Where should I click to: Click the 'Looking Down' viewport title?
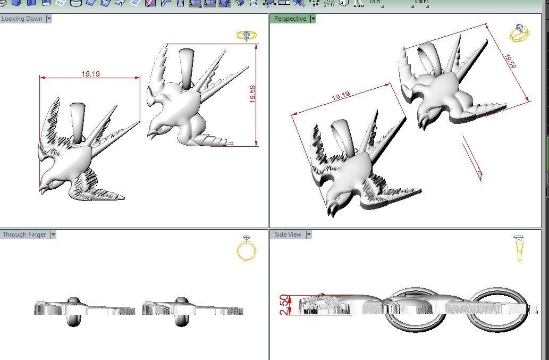click(x=22, y=19)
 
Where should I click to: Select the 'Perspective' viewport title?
click(x=290, y=19)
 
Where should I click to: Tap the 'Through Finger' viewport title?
click(x=24, y=235)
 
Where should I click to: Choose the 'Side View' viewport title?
click(x=288, y=235)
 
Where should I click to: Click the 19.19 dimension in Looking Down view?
click(x=90, y=74)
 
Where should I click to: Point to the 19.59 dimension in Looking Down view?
click(x=252, y=94)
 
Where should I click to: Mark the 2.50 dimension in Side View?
click(x=284, y=305)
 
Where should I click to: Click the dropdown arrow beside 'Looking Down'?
click(x=49, y=19)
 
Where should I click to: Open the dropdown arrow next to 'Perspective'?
click(x=313, y=19)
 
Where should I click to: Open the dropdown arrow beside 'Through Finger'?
click(x=53, y=235)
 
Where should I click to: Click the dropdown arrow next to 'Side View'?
click(x=309, y=235)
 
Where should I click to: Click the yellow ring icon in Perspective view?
click(x=519, y=34)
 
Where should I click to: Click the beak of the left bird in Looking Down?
click(x=42, y=188)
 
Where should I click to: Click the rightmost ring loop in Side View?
click(x=496, y=315)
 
